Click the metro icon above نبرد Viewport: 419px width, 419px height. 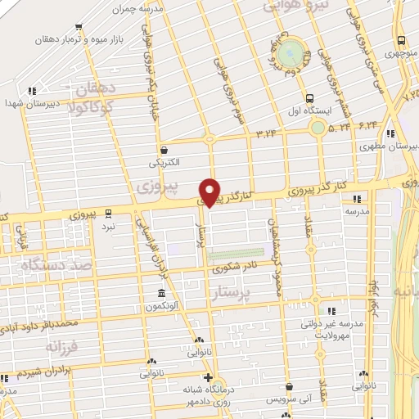click(x=109, y=214)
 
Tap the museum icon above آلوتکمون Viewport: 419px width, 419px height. click(x=161, y=293)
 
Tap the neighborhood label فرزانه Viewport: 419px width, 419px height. click(x=44, y=347)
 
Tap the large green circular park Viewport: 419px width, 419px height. click(x=288, y=53)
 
